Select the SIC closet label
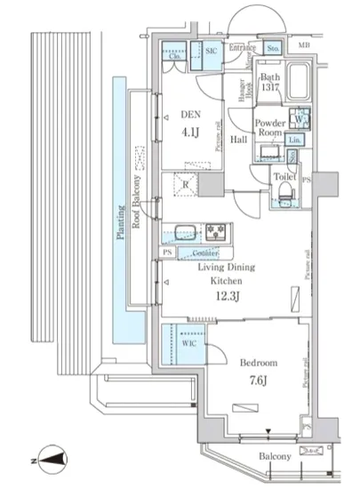pyautogui.click(x=211, y=52)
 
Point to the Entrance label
pyautogui.click(x=243, y=47)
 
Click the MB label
pyautogui.click(x=304, y=45)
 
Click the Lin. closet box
pyautogui.click(x=294, y=140)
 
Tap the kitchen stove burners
pyautogui.click(x=215, y=233)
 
